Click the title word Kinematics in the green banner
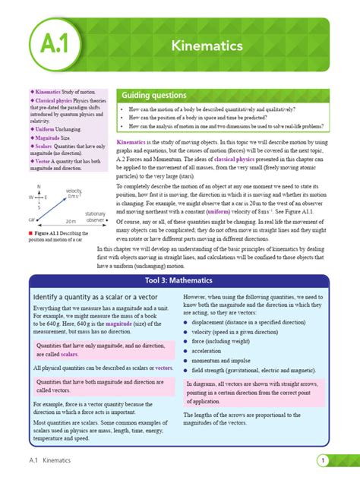tap(207, 46)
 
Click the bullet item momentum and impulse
tap(228, 362)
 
